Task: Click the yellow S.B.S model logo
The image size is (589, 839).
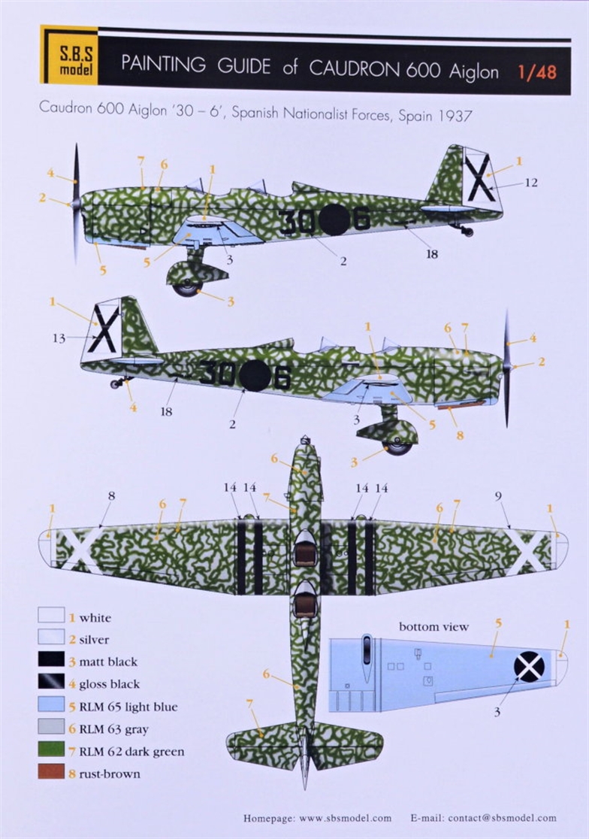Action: [x=69, y=55]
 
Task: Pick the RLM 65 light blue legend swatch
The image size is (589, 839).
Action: [x=51, y=704]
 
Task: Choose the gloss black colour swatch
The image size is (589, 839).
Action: [x=51, y=681]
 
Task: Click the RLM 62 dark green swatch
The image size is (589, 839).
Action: [x=51, y=749]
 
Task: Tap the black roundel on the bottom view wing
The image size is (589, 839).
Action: [x=529, y=666]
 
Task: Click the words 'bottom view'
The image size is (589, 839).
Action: [x=433, y=626]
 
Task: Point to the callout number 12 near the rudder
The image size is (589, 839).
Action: [x=530, y=183]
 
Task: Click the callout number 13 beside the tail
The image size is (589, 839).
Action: [x=59, y=338]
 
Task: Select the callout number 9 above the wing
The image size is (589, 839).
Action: [x=498, y=496]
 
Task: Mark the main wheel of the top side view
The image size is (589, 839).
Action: [x=188, y=288]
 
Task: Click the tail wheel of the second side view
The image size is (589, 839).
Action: [x=113, y=383]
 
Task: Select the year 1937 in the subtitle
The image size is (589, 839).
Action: [x=455, y=116]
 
